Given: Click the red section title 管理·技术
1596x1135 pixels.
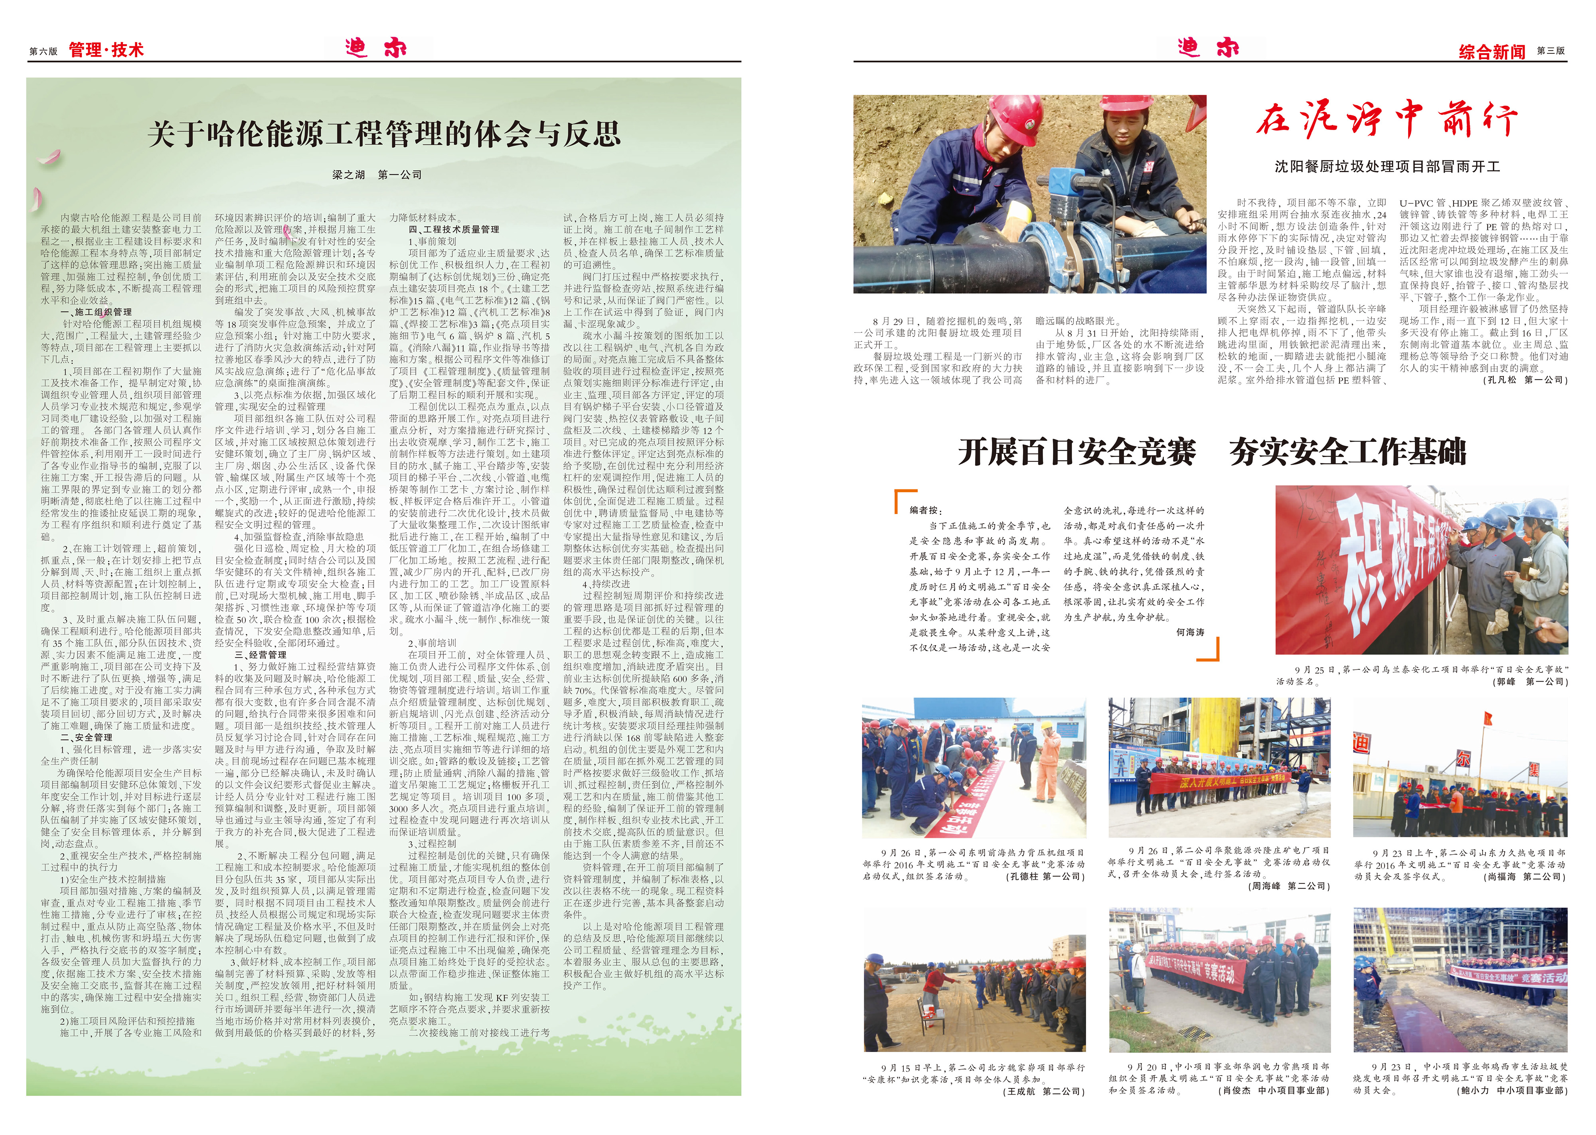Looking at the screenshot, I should point(106,49).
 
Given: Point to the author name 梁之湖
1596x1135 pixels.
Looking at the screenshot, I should point(348,175).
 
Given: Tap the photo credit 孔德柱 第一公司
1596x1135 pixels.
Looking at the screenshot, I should point(1045,877).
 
